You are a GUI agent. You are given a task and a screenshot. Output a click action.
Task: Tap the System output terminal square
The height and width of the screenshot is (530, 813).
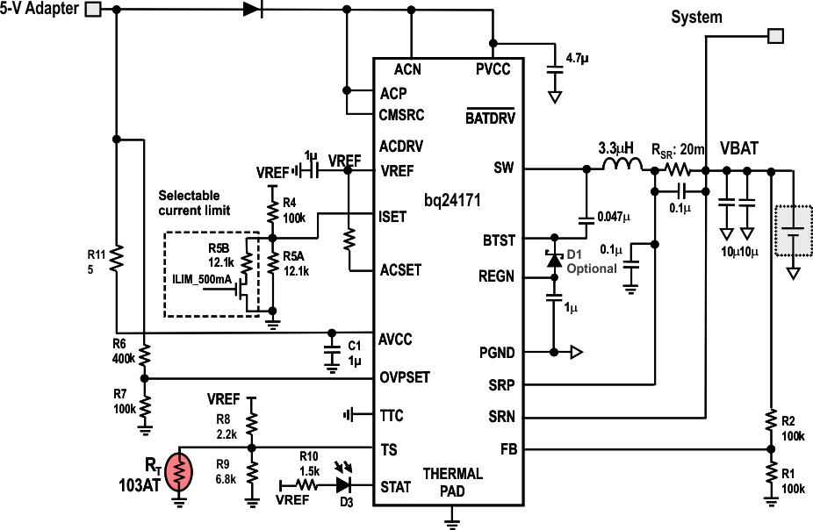(x=775, y=36)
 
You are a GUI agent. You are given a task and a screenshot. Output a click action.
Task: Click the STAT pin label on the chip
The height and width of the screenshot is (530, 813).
(x=395, y=486)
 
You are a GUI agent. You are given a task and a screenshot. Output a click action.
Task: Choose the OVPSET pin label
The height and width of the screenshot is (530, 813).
(x=405, y=377)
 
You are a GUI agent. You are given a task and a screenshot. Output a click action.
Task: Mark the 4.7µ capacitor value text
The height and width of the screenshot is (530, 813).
(x=577, y=58)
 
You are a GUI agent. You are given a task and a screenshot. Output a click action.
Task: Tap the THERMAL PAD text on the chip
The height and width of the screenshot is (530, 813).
(x=452, y=481)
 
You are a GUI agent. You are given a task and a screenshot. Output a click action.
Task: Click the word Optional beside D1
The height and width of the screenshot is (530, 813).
(x=591, y=268)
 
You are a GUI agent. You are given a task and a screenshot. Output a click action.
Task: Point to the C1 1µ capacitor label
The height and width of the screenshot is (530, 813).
(x=355, y=351)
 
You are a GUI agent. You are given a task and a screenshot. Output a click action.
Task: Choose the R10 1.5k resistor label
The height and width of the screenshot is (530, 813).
(x=308, y=463)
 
